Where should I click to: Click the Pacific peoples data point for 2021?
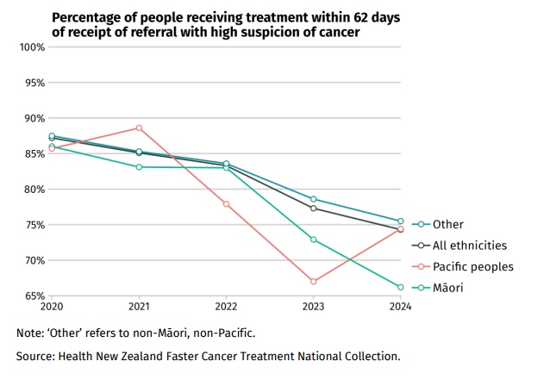[139, 128]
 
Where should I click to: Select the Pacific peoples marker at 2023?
[314, 282]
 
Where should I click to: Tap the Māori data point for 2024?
[401, 287]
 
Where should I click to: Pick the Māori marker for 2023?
[314, 240]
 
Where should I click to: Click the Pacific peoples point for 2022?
[226, 204]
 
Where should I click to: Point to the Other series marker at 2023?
[314, 199]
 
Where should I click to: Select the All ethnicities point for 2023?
[314, 209]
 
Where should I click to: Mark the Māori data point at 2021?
[139, 167]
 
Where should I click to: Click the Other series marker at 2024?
[401, 221]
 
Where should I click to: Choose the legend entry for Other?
[447, 224]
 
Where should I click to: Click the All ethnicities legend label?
[469, 246]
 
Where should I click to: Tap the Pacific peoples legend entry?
[472, 266]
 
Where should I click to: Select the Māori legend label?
[447, 288]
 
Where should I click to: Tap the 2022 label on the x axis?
[226, 307]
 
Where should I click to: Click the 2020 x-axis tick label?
[52, 307]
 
